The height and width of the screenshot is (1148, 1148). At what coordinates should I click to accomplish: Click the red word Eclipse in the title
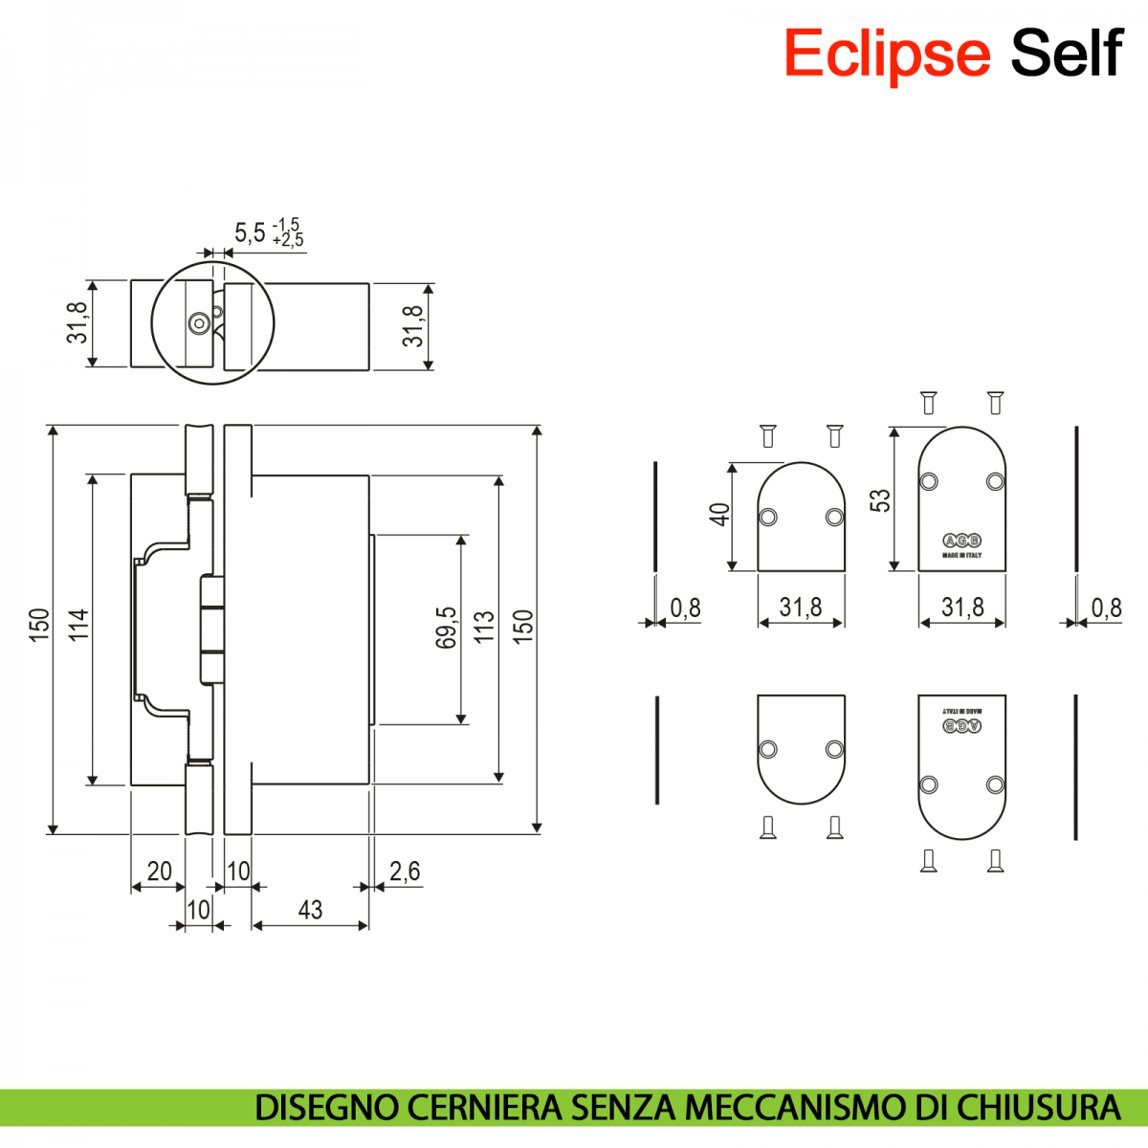pos(886,54)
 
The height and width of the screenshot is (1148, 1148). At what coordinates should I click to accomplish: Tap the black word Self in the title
pos(1066,54)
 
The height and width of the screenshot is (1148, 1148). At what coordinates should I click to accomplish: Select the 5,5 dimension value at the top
pos(250,232)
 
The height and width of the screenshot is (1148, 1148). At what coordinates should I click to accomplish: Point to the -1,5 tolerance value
pos(286,225)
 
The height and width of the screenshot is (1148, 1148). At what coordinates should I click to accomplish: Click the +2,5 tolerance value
pos(287,241)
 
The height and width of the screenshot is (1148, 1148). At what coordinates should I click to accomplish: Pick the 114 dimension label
pos(78,625)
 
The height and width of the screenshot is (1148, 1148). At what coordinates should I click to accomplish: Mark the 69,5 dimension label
pos(446,628)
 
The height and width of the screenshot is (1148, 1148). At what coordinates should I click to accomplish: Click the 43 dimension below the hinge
pos(310,910)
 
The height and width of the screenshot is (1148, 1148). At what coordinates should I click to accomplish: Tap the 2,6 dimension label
pos(404,871)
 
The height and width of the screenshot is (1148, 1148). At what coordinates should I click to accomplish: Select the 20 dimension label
pos(159,871)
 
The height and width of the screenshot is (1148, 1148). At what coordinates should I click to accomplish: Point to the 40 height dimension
pos(719,515)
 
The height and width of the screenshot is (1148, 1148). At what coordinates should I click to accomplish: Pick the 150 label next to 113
pos(522,627)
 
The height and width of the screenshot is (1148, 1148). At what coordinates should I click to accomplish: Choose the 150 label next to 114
pos(39,625)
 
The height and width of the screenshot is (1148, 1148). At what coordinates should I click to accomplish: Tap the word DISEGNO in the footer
pos(327,1108)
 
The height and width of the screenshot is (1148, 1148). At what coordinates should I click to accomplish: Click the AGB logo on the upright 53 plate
pos(961,540)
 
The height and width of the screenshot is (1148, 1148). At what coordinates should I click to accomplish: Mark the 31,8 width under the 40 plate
pos(800,607)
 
